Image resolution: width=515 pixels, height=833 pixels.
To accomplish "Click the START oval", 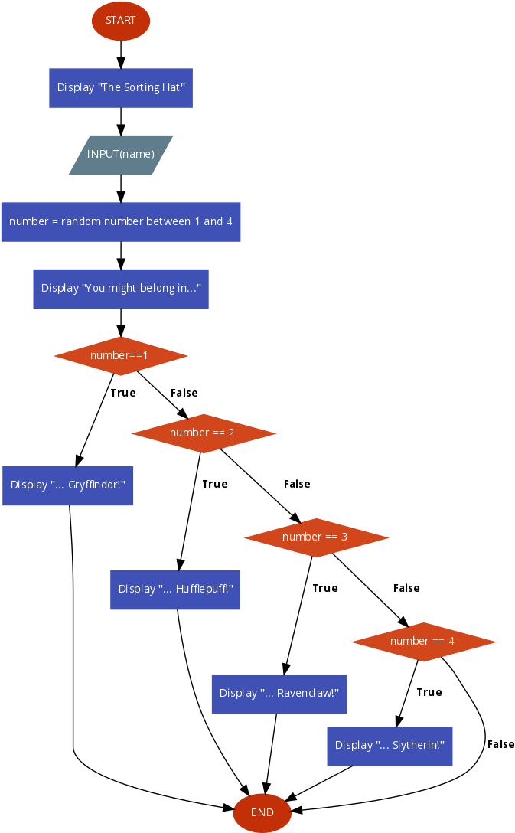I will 121,21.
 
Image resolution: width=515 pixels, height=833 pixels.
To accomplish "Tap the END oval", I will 262,812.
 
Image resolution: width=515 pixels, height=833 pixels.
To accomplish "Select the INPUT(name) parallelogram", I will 121,155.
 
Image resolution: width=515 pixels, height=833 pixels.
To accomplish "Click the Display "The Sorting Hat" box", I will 121,87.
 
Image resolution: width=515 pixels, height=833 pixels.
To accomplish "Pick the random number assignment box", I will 121,221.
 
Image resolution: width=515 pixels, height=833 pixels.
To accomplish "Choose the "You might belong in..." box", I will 121,289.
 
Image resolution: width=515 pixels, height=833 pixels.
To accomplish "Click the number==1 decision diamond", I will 121,356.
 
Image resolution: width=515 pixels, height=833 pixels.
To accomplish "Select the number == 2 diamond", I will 204,433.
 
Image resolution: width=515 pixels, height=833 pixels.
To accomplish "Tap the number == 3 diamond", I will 316,537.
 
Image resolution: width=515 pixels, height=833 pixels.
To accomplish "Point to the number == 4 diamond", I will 423,642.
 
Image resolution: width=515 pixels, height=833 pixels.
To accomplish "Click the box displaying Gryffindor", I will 68,485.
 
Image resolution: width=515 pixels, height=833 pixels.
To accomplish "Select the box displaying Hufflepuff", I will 175,590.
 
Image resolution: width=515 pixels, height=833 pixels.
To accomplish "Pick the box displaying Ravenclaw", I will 279,694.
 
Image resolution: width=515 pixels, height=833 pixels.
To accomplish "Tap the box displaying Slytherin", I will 390,746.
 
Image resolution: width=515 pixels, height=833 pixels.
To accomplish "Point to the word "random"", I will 81,221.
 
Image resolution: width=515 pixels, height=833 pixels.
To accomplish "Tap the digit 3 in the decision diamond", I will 344,537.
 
